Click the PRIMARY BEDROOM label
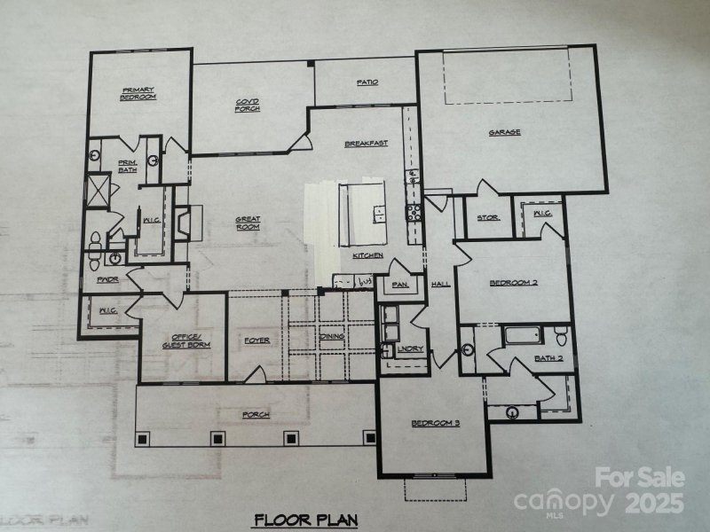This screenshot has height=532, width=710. pos(138,92)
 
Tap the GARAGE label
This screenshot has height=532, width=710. pos(504,133)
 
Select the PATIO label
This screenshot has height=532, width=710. pos(367,82)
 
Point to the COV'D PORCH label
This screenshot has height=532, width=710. pos(247,105)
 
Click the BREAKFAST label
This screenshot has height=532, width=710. pos(366,144)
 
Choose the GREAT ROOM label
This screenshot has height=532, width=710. pos(247,223)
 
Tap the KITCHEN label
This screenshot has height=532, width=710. pos(367,255)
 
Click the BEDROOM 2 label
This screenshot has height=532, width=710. pos(513,284)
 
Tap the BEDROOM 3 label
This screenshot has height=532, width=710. pos(435,423)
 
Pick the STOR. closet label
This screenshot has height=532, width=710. pos(488,217)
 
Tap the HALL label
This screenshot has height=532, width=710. pos(440,285)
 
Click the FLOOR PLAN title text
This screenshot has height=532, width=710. pos(292,519)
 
